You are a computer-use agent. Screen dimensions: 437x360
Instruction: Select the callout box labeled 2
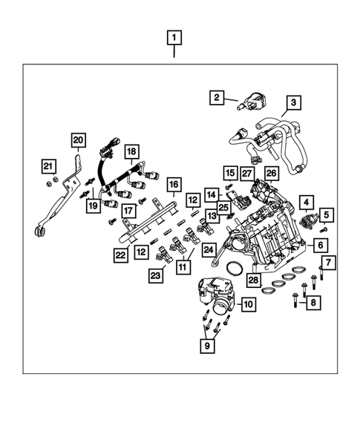click(216, 96)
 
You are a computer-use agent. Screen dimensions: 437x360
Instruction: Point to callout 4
click(305, 200)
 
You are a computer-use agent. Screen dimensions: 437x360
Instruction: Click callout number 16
click(173, 184)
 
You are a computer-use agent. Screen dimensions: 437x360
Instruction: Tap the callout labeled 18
click(131, 151)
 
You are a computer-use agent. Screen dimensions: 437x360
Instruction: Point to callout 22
click(120, 255)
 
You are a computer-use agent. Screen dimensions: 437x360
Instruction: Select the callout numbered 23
click(157, 275)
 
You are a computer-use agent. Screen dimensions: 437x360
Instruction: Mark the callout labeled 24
click(209, 251)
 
